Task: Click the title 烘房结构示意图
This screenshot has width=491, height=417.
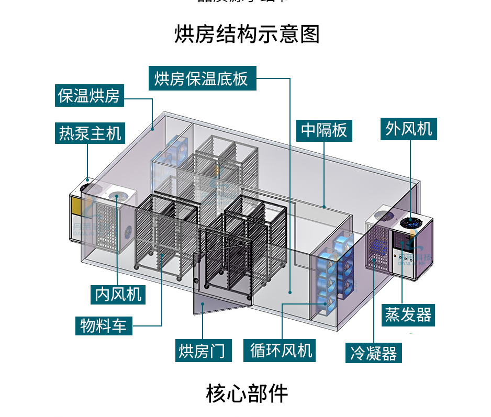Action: [247, 35]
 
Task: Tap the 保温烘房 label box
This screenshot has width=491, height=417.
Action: [90, 96]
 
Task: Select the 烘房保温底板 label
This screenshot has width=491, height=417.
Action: [201, 78]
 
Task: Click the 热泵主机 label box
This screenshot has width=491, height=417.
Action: [90, 133]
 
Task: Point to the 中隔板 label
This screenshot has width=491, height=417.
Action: [324, 130]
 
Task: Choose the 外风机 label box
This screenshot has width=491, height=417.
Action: [409, 128]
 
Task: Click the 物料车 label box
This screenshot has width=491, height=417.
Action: [103, 326]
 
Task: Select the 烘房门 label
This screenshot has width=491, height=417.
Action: [203, 350]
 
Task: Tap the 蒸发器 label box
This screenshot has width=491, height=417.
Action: [408, 315]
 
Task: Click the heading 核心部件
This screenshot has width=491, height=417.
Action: [247, 393]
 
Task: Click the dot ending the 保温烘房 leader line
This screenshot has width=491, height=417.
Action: [153, 128]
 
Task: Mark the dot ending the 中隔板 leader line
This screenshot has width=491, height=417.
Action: [324, 207]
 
